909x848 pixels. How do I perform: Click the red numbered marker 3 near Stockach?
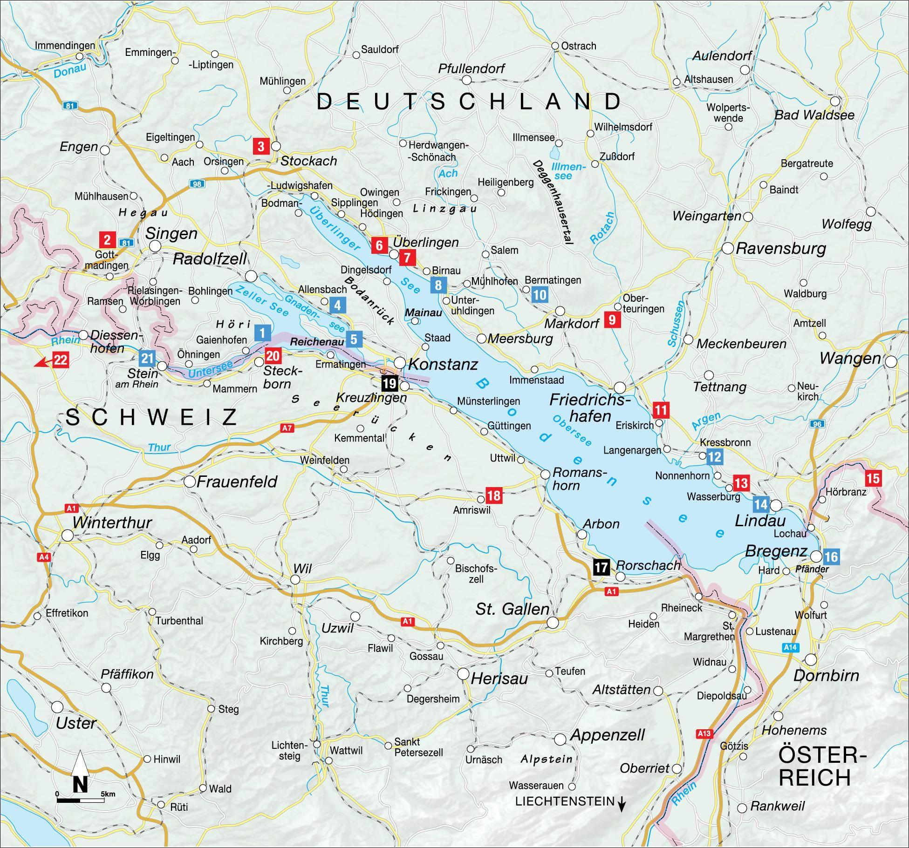(x=260, y=146)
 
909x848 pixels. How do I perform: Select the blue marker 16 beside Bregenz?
(x=831, y=556)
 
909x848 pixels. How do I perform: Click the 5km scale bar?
(x=81, y=800)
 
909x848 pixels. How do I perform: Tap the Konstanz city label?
(x=443, y=365)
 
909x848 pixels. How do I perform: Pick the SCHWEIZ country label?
(x=152, y=417)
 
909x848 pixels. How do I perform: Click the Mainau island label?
(x=424, y=312)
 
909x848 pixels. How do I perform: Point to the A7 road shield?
(x=287, y=428)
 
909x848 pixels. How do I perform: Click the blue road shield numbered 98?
(x=197, y=184)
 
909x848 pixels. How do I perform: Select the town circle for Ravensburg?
(x=728, y=248)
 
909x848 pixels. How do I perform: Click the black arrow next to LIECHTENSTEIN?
(x=621, y=803)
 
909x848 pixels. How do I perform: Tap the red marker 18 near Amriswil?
(x=493, y=495)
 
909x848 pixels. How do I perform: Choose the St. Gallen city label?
(x=512, y=609)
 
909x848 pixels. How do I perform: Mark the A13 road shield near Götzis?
(x=704, y=734)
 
